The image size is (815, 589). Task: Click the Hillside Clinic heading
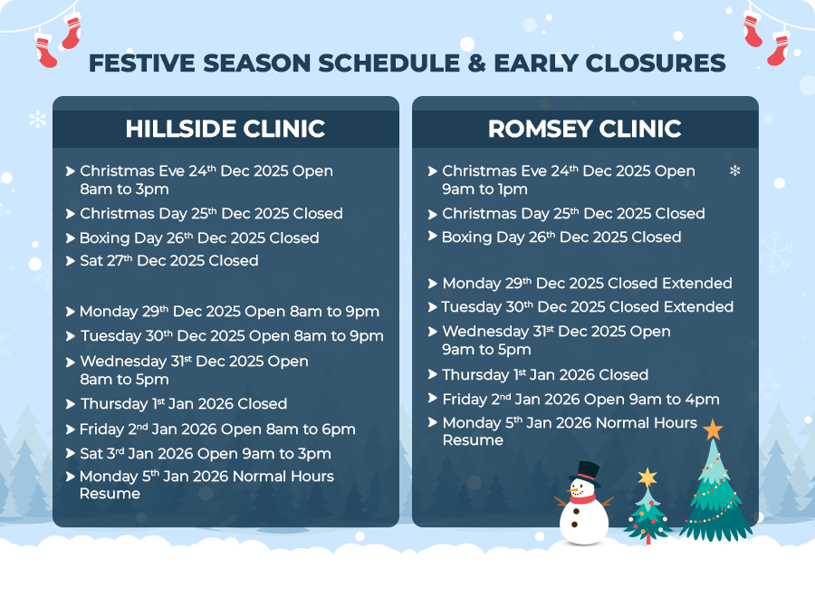coord(225,129)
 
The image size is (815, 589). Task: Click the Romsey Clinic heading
coord(585,129)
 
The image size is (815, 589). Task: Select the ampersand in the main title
coord(476,63)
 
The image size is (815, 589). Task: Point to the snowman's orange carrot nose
coord(573,490)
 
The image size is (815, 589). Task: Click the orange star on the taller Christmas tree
coord(713,430)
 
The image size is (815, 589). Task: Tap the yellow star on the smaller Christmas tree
coord(647,477)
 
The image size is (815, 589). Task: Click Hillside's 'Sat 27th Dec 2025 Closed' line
coord(169,261)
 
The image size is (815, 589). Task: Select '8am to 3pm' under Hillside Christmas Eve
coord(124,188)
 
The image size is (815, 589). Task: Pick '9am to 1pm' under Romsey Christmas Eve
coord(485,188)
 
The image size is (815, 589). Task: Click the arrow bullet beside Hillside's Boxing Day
coord(70,238)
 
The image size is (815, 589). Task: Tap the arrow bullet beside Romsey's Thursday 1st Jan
coord(433,374)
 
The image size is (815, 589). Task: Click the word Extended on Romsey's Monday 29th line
coord(697,283)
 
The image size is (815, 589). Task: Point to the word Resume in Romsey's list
coord(473,440)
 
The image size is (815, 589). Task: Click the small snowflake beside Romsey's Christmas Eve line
coord(735,170)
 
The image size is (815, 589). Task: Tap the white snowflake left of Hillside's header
coord(37,119)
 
